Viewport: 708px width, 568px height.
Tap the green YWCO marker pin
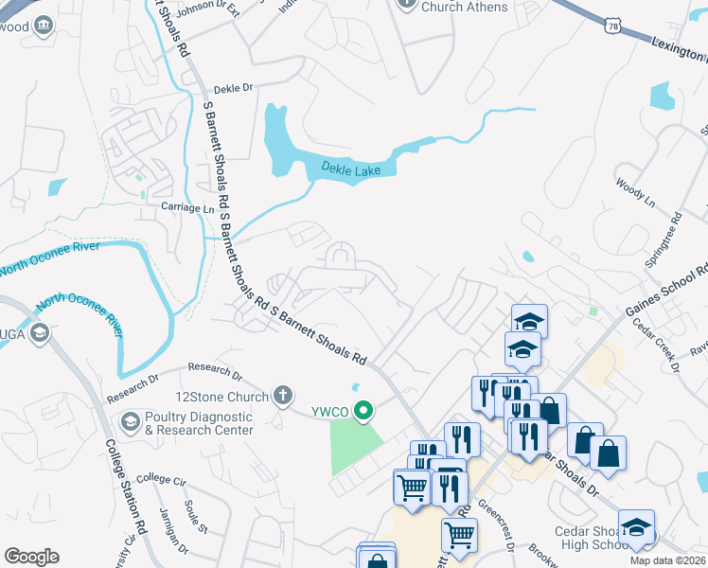tap(362, 411)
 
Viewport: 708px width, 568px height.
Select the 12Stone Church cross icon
tap(281, 396)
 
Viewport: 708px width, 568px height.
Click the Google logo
tap(31, 557)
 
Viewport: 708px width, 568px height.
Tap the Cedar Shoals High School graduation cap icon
tap(635, 526)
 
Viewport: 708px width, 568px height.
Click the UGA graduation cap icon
tap(40, 333)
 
